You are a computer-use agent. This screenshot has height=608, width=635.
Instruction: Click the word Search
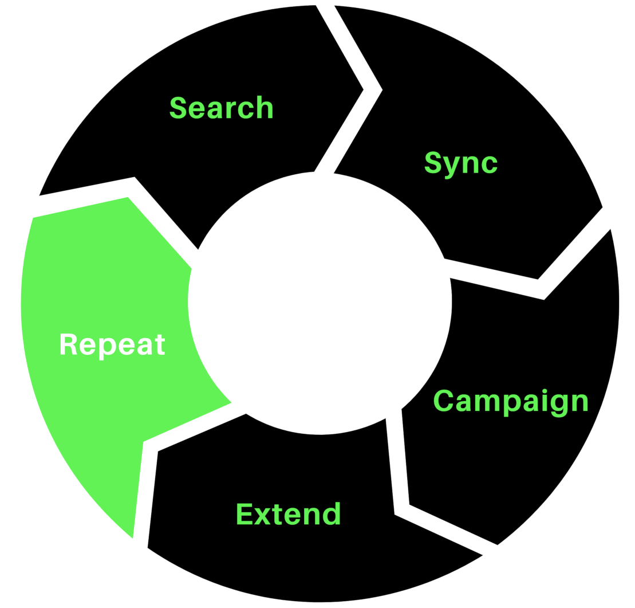tap(222, 108)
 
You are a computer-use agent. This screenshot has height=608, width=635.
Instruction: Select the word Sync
tap(461, 163)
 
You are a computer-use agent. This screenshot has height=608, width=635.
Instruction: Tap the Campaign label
tap(511, 401)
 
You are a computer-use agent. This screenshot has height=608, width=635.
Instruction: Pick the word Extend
tap(289, 514)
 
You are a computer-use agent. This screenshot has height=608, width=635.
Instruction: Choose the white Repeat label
tap(112, 346)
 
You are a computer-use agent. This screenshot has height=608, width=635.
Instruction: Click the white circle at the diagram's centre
tap(320, 302)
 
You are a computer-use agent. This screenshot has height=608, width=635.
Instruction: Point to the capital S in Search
tap(179, 108)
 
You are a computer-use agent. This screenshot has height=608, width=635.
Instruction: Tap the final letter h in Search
tap(265, 108)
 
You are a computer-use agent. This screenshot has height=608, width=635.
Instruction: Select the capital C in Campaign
tap(443, 401)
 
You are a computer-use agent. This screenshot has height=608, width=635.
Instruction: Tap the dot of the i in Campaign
tap(545, 391)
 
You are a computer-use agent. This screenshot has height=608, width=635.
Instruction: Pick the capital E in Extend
tap(244, 514)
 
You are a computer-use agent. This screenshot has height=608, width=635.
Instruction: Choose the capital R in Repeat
tap(69, 344)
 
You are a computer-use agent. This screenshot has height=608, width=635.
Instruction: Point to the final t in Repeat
tap(160, 346)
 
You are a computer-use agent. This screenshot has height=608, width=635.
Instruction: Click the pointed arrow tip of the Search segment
tap(363, 89)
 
